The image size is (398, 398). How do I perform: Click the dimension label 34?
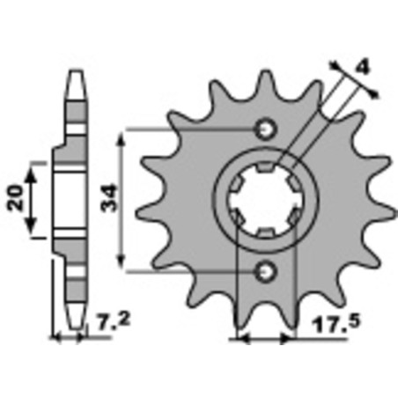point(108,198)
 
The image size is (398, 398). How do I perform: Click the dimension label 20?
point(16,198)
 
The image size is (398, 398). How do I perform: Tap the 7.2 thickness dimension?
point(113,321)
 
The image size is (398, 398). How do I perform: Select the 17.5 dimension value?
point(335,324)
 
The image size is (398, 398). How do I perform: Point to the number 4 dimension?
point(363,68)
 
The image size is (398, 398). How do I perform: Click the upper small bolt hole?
point(266,129)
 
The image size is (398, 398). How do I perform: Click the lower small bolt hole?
point(266,271)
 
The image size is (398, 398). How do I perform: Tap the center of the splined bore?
point(266,201)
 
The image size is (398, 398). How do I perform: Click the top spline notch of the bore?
point(265,166)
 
